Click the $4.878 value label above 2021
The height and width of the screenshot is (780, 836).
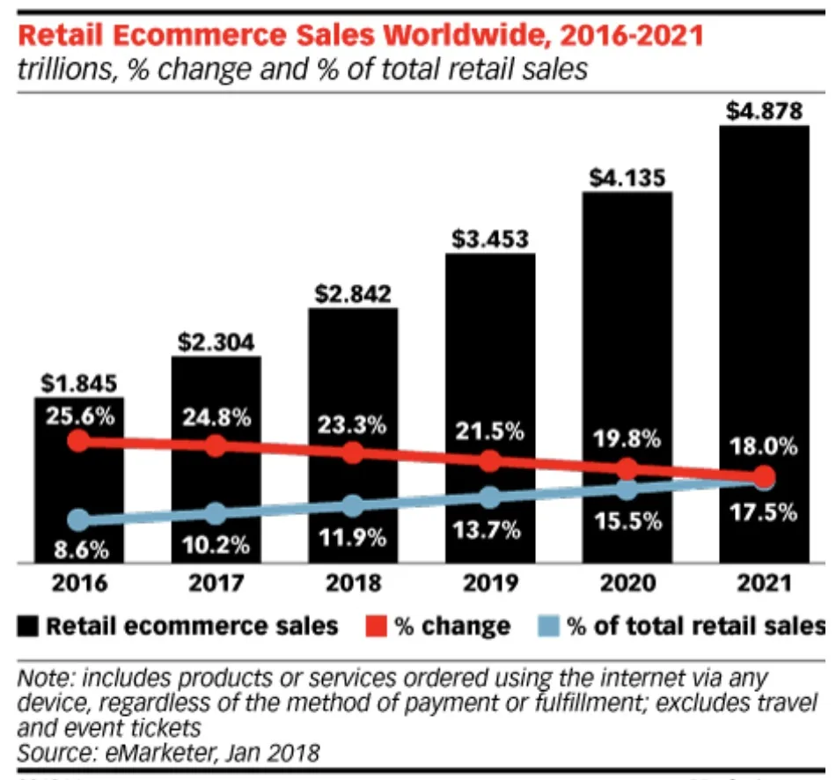click(764, 112)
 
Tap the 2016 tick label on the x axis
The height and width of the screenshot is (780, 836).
click(78, 583)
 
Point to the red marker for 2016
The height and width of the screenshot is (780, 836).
click(78, 439)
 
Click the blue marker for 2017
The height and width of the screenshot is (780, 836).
click(216, 513)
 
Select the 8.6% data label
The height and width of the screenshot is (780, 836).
click(79, 551)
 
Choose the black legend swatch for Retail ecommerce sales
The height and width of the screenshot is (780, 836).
click(30, 627)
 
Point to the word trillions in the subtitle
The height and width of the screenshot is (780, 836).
click(67, 70)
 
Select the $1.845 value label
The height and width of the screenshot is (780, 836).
click(78, 384)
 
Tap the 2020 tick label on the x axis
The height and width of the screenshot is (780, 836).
click(627, 583)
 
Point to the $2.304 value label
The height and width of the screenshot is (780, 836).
click(216, 342)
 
